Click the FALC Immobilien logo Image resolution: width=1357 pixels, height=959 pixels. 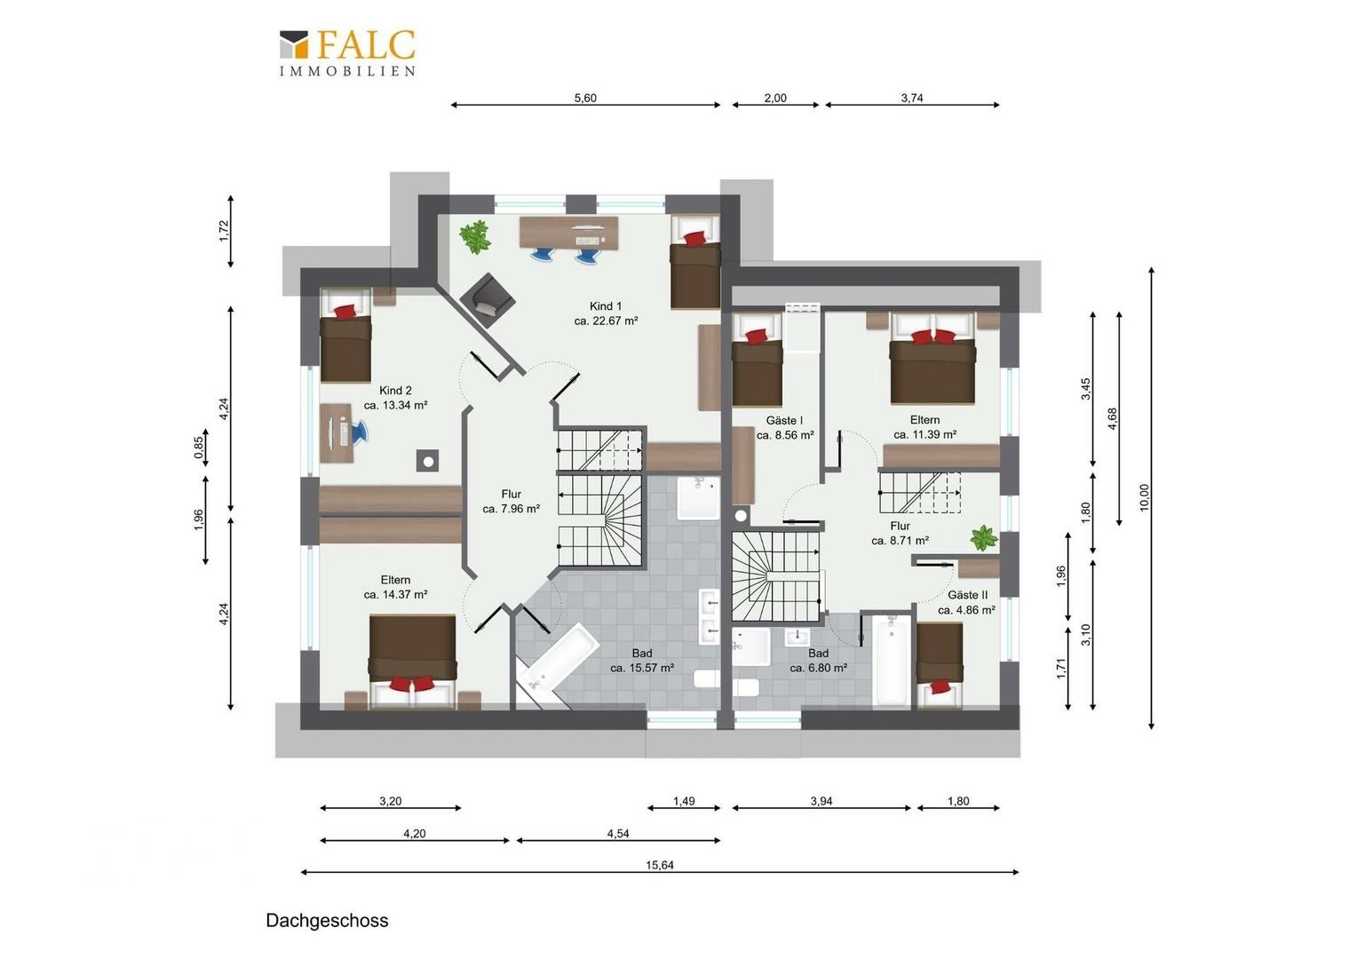348,53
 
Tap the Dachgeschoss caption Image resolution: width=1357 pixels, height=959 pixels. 327,920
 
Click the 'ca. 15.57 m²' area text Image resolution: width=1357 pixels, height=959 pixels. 642,668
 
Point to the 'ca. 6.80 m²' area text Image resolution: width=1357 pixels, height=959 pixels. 819,668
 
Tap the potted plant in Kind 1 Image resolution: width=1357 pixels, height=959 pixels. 474,236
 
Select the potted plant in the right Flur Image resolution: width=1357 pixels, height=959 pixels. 984,538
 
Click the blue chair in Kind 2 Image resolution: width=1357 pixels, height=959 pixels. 359,432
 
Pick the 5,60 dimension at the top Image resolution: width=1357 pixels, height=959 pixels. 585,99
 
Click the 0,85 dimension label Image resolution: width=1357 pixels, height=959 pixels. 199,448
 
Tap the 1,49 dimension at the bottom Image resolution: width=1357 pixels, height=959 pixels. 684,801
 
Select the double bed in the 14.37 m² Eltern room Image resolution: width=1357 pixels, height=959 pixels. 413,662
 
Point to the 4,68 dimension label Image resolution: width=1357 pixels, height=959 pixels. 1112,418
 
